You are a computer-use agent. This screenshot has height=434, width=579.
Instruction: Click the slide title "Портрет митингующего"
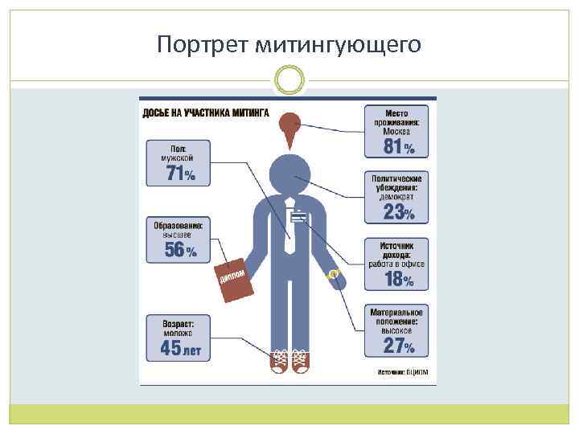click(289, 43)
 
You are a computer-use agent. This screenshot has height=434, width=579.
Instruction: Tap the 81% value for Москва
click(398, 146)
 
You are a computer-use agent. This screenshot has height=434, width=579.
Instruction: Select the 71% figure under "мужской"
click(179, 174)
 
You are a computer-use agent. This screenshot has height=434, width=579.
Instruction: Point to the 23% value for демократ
click(398, 212)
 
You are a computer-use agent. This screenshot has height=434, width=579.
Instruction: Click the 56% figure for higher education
click(179, 250)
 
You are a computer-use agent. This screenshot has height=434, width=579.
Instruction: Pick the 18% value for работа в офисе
click(398, 280)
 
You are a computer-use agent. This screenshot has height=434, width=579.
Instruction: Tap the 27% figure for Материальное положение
click(398, 346)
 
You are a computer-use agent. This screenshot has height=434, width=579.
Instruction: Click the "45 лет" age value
click(179, 348)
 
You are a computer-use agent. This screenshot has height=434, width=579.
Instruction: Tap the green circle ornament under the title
click(289, 79)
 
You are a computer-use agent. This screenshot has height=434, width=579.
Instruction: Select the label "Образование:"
click(179, 226)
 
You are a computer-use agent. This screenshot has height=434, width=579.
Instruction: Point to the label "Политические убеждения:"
click(396, 182)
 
